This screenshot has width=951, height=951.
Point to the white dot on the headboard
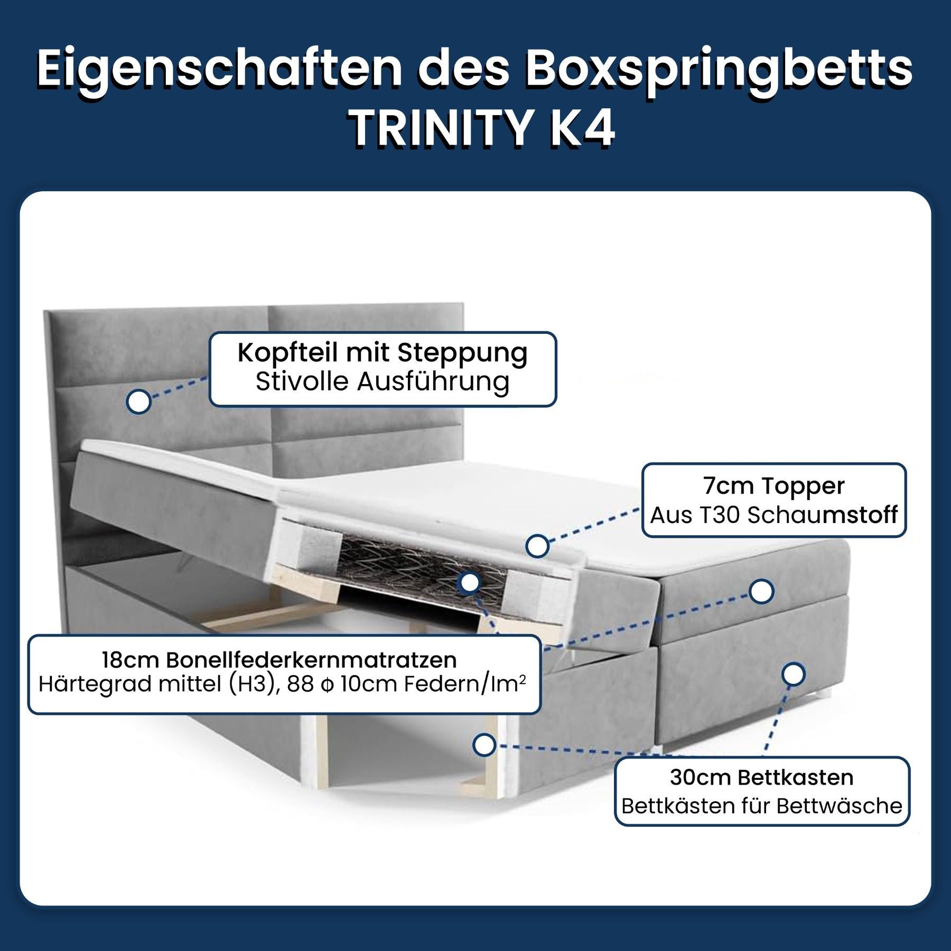point(139,402)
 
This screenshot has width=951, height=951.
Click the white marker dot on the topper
point(537,546)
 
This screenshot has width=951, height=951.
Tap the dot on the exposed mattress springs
point(470,583)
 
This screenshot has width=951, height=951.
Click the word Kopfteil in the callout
point(287,353)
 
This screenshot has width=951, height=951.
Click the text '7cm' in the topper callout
point(722,486)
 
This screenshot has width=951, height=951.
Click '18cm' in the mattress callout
point(130,660)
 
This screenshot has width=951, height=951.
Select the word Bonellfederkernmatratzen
point(311,660)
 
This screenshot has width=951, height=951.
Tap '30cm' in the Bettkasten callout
point(701,777)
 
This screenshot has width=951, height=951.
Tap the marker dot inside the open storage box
point(484,745)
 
